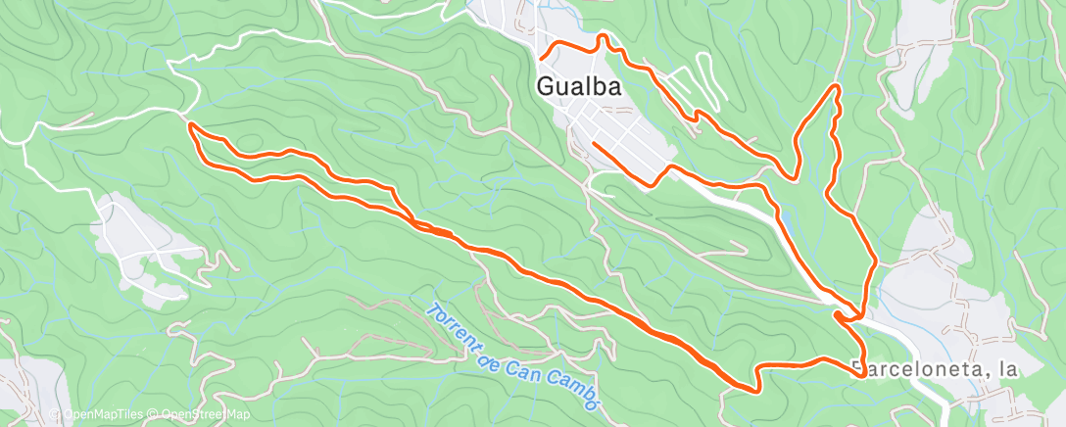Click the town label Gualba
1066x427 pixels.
pos(579,86)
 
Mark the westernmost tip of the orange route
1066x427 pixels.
pos(188,124)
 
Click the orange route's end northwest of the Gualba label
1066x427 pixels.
pos(540,61)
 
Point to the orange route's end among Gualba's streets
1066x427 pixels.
pos(594,145)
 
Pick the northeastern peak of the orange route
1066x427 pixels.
pos(837,87)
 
